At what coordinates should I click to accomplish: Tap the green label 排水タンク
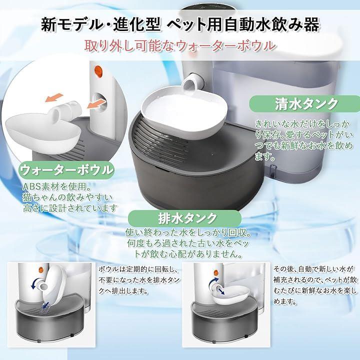(185, 218)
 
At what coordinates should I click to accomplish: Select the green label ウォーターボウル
(66, 170)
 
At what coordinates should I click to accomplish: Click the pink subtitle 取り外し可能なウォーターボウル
(180, 45)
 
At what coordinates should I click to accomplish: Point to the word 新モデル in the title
(70, 25)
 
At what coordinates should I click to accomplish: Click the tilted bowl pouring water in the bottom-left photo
(54, 284)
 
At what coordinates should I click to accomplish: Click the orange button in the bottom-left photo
(41, 269)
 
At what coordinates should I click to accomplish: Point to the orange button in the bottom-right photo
(216, 272)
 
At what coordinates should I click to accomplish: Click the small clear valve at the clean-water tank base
(272, 171)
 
